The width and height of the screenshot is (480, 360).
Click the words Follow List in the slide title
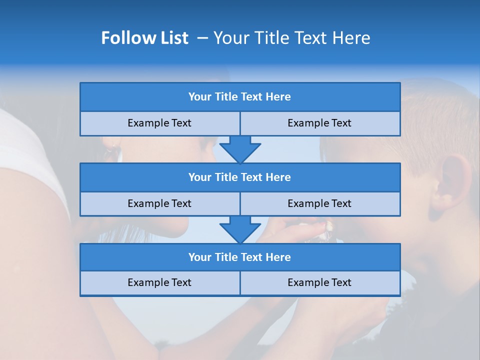click(144, 38)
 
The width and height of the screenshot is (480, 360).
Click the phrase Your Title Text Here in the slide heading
click(291, 38)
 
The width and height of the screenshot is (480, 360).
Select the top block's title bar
click(240, 97)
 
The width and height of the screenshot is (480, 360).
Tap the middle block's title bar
click(240, 177)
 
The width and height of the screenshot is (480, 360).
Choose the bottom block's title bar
click(240, 257)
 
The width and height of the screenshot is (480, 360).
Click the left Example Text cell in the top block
click(159, 123)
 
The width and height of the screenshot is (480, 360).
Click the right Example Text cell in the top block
click(319, 123)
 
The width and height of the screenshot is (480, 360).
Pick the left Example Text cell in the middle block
click(159, 203)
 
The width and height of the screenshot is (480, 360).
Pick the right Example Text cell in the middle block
click(319, 203)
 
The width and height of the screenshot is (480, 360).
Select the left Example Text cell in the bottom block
click(159, 282)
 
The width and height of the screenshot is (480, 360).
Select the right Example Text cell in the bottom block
click(319, 282)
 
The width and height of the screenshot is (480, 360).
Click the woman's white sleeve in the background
click(30, 160)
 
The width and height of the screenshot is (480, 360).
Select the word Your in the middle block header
click(199, 177)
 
